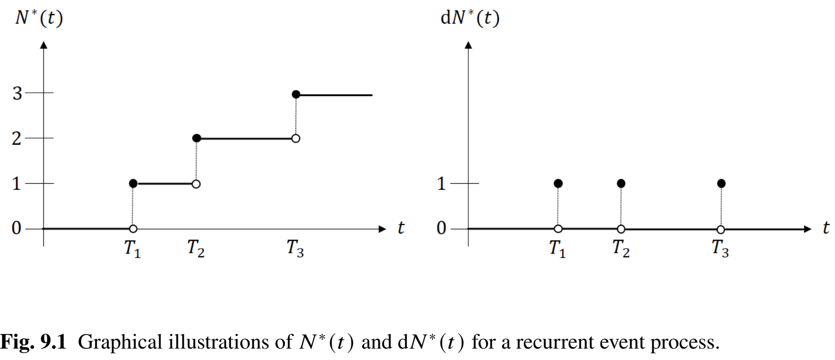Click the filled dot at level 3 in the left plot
coord(296,95)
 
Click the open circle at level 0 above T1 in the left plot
coord(133,229)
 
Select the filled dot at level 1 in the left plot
coord(133,184)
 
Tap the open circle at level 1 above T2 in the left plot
coord(196,184)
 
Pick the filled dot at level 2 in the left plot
coord(196,138)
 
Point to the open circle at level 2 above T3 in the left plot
coord(296,138)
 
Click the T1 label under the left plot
coord(132,249)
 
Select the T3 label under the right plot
coord(720,249)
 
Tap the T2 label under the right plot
coord(620,249)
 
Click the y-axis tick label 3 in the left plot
coord(17,93)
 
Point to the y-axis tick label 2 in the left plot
coord(16,138)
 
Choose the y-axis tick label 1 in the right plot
coord(441,184)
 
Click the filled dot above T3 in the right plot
coord(721,184)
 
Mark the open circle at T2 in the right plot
coord(621,229)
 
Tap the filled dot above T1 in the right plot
coord(558,184)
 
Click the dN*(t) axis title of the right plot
coord(470,18)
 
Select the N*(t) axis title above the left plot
coord(39,18)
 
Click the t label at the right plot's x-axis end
coord(825,228)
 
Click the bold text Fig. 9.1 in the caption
coord(33,342)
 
